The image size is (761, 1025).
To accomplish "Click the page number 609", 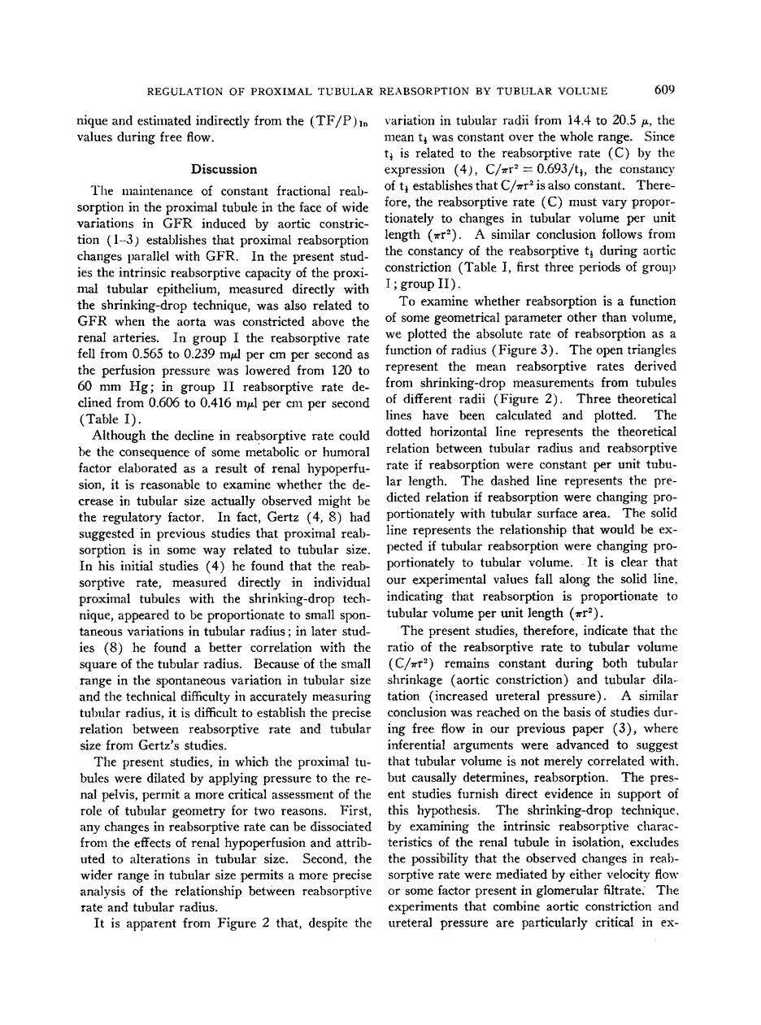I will pyautogui.click(x=664, y=89).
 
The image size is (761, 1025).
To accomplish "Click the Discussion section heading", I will pyautogui.click(x=224, y=169).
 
